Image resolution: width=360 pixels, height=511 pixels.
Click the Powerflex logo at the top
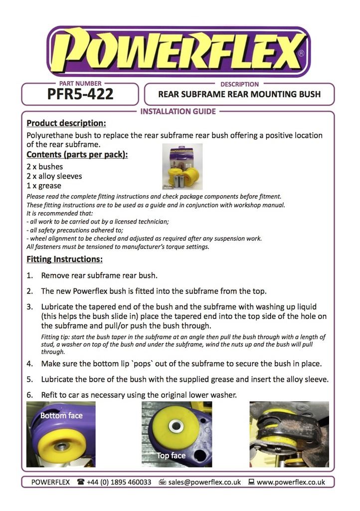178,50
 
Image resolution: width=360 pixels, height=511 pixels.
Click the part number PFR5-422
80,94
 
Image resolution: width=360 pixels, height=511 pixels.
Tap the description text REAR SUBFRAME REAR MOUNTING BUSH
239,94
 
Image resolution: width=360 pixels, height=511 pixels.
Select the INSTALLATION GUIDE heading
178,111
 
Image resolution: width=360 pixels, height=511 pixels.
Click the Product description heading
66,123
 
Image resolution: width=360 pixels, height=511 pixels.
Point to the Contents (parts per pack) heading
77,154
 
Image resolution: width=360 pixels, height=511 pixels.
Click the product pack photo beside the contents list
182,166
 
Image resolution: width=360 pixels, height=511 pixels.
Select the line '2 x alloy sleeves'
54,176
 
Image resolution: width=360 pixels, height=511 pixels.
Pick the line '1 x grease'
44,186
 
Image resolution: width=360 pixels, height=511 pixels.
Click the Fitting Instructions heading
64,259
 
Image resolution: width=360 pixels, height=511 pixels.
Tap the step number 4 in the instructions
30,364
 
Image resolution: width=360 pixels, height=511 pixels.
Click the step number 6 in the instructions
30,395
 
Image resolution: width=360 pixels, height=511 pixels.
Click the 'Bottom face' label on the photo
61,416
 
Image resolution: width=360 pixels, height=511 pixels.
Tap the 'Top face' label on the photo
171,456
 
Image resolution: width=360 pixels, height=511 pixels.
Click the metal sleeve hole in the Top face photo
176,426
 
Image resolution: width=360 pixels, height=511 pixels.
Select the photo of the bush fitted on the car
289,434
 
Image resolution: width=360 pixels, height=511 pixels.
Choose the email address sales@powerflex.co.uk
204,482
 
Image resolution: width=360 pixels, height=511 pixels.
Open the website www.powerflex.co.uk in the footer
291,482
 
